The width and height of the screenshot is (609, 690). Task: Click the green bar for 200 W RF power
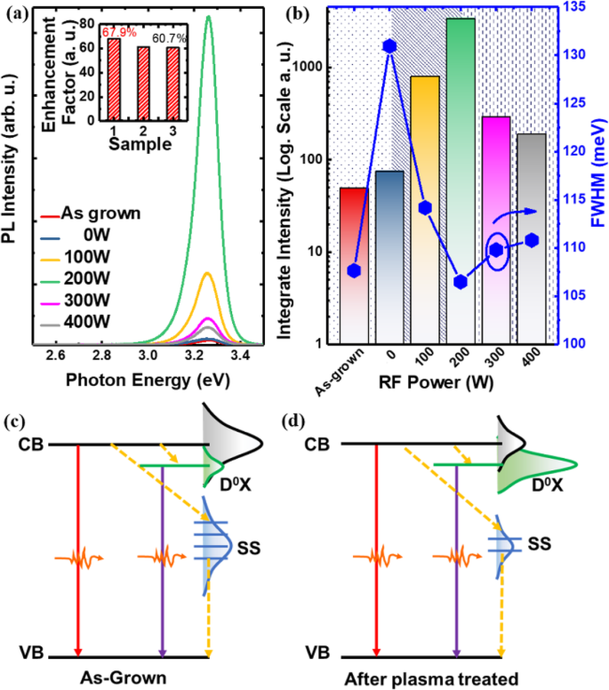coord(461,178)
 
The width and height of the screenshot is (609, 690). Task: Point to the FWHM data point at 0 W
coord(389,46)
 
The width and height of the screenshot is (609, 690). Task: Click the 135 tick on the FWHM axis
coord(581,8)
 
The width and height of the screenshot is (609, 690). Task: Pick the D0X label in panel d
coord(548,490)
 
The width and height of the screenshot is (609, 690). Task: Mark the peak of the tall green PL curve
coord(209,17)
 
